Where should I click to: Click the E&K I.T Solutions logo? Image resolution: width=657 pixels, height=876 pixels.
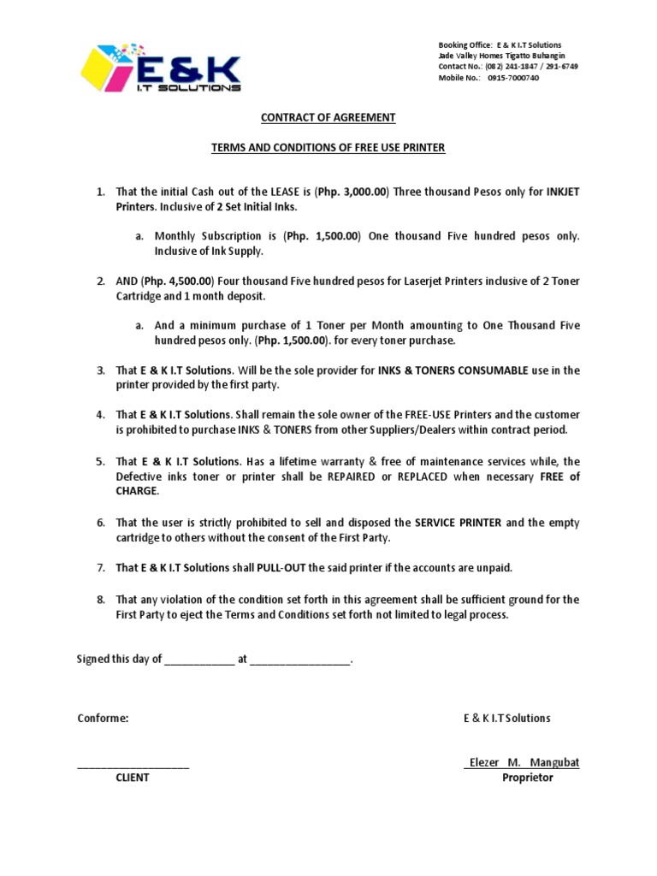click(160, 68)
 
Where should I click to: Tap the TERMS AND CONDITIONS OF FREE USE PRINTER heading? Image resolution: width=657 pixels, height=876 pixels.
click(328, 148)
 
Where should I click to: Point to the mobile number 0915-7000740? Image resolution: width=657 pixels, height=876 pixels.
click(513, 77)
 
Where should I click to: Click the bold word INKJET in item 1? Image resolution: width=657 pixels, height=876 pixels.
click(562, 192)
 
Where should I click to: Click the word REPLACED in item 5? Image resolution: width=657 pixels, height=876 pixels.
click(423, 476)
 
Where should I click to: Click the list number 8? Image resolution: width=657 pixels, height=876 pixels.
click(100, 600)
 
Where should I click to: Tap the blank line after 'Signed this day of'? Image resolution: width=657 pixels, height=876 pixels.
click(198, 660)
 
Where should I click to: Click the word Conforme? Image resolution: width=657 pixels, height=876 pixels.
click(103, 719)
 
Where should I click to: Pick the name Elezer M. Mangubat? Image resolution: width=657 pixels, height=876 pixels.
click(522, 762)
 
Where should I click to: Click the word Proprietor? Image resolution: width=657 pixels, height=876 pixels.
click(527, 778)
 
